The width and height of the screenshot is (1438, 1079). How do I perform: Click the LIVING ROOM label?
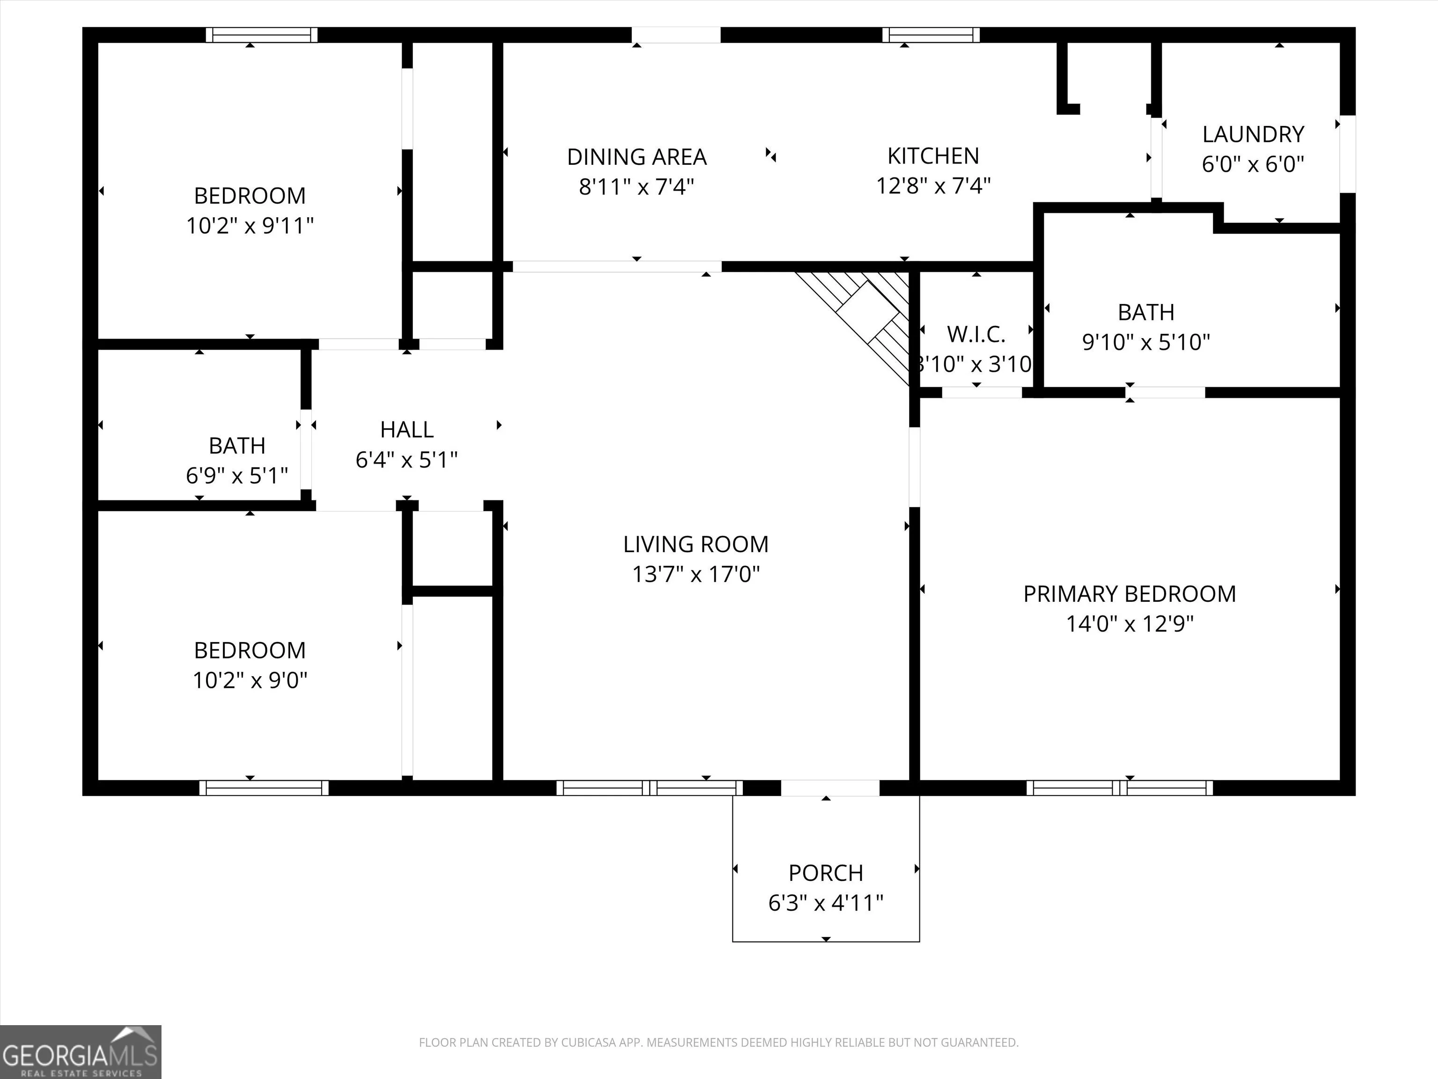tap(696, 544)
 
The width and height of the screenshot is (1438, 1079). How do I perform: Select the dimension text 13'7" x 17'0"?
tap(696, 574)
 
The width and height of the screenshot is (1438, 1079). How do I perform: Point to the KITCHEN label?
tap(933, 156)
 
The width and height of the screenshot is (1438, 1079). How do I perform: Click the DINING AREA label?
tap(637, 157)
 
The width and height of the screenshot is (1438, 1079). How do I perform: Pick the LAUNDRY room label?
tap(1253, 134)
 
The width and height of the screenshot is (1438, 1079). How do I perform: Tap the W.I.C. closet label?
tap(976, 334)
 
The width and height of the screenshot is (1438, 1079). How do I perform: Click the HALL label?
tap(406, 430)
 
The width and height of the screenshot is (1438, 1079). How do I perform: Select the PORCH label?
tap(826, 873)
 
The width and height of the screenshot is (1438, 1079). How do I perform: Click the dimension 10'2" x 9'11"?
tap(249, 226)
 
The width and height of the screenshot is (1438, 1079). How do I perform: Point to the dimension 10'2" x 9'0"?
tap(249, 680)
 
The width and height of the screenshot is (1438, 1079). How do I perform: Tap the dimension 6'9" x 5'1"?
tap(237, 475)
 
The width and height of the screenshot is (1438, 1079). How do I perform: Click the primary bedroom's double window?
tap(1119, 788)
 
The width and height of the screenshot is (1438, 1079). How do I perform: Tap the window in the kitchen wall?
tap(931, 35)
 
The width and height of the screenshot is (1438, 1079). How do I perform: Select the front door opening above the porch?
tap(830, 788)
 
